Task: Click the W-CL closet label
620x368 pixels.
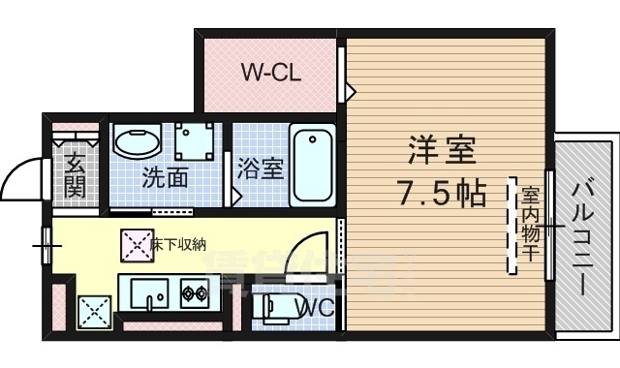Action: [270, 71]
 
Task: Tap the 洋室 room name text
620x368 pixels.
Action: [441, 152]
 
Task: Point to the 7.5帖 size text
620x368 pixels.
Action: [441, 194]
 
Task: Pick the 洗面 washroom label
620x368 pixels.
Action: [165, 178]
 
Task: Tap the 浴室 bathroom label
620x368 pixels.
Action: [260, 168]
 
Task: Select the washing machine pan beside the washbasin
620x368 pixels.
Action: [201, 144]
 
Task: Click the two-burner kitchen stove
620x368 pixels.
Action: [190, 291]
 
